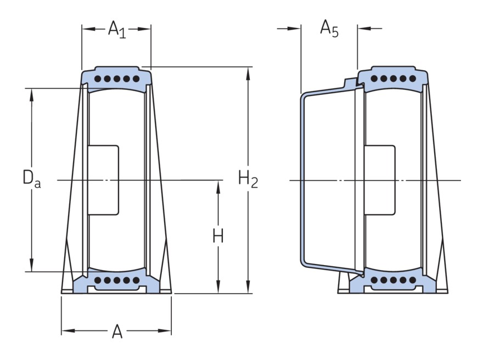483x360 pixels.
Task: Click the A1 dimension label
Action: pos(116,29)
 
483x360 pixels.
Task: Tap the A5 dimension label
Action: pos(329,29)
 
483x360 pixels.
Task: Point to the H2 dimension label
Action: pos(248,178)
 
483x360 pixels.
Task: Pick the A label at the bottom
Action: pos(117,331)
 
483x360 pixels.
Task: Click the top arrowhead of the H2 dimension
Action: pos(248,71)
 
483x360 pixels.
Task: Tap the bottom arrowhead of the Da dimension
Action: pos(32,267)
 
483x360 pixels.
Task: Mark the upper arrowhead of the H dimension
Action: pos(218,185)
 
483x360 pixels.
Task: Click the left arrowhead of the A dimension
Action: pos(66,330)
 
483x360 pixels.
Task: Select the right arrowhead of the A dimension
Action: pos(166,330)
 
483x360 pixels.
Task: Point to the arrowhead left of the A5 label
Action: pos(296,28)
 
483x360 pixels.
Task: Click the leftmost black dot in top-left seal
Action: pos(97,79)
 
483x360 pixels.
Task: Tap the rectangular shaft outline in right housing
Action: pos(380,180)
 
